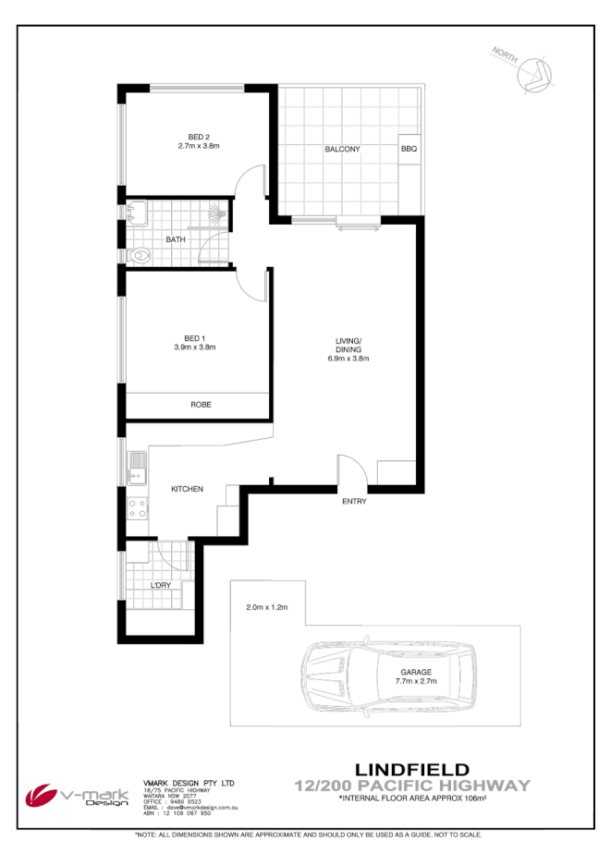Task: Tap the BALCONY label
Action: pos(341,149)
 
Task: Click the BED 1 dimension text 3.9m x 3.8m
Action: pos(195,347)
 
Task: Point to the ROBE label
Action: pos(201,405)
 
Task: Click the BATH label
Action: pos(176,240)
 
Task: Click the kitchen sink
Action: pos(136,467)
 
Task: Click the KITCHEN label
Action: pos(187,489)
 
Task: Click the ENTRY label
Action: pos(354,502)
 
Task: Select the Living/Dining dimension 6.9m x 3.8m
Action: pos(348,359)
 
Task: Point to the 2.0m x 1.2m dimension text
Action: pos(268,607)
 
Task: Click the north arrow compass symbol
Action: pos(532,73)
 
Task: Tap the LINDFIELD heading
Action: pos(411,769)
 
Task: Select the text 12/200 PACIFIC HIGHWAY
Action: pos(411,786)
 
